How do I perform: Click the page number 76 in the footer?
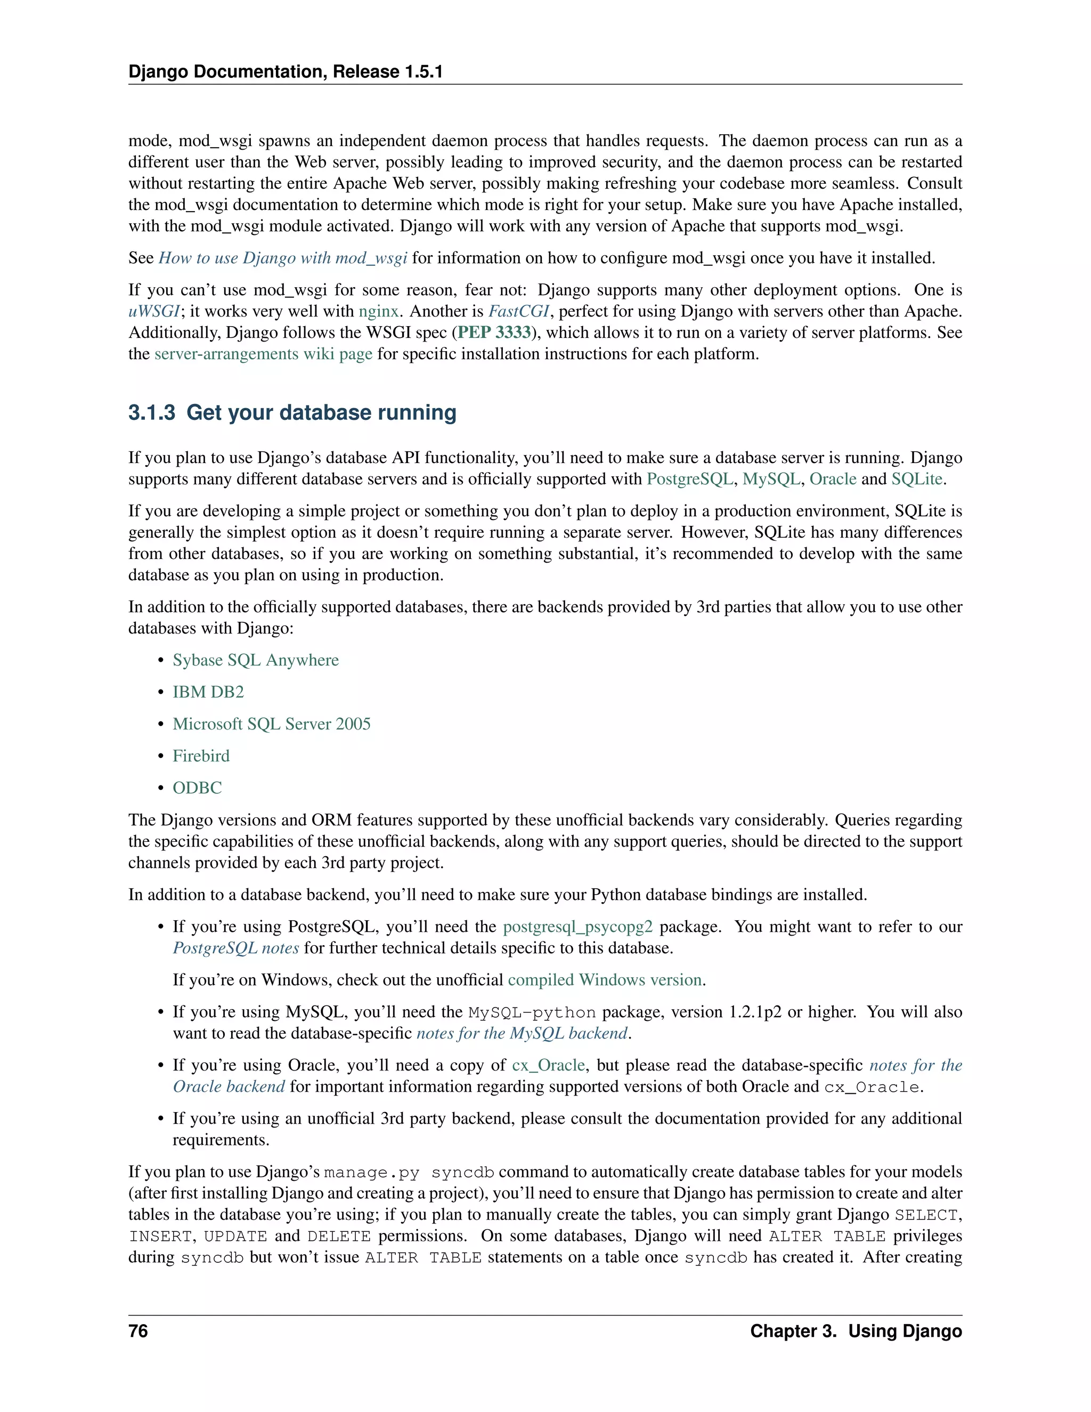coord(139,1331)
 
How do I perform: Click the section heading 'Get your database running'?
coord(292,412)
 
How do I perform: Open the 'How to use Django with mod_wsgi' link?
coord(282,258)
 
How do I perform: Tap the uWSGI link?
coord(154,312)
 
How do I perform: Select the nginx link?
coord(379,312)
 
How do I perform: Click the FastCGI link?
coord(518,312)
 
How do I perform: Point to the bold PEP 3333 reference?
coord(494,333)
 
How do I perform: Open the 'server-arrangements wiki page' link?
coord(263,354)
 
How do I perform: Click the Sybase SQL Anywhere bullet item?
coord(255,660)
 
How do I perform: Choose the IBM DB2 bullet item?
coord(208,693)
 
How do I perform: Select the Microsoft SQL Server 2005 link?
coord(272,724)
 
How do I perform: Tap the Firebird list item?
coord(201,756)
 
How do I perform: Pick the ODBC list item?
coord(197,788)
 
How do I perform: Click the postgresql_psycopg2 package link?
coord(578,927)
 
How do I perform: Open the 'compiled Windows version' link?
coord(605,980)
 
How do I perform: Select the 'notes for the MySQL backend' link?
coord(522,1034)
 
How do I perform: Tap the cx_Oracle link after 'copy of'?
coord(548,1066)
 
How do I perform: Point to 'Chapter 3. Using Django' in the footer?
coord(856,1331)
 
